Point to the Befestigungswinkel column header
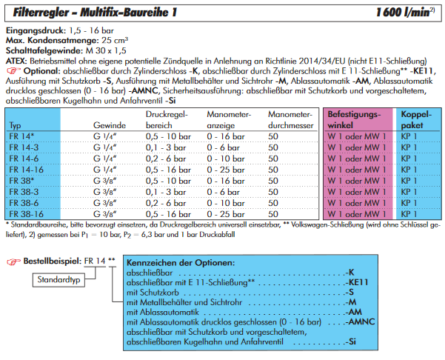pyautogui.click(x=357, y=120)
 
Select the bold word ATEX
pyautogui.click(x=16, y=59)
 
